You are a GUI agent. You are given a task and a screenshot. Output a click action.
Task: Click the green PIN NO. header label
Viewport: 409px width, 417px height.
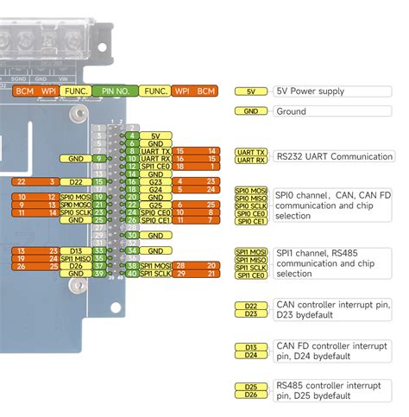[x=116, y=91]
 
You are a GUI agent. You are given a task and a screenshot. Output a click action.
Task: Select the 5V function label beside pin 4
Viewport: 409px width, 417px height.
[x=155, y=136]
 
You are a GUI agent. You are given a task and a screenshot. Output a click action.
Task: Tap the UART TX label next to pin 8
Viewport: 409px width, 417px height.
[x=155, y=151]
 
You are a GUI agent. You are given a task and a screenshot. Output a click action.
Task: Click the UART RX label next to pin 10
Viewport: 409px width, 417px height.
[x=155, y=159]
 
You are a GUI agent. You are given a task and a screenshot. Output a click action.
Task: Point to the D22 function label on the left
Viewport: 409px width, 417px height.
[x=77, y=182]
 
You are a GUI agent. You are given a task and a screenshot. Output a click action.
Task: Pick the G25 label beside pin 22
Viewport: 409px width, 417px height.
[x=155, y=205]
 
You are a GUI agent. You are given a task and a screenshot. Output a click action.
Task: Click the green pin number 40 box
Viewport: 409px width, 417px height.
[x=132, y=274]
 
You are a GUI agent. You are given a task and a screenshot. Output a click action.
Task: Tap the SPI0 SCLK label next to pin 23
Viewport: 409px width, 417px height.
[x=77, y=212]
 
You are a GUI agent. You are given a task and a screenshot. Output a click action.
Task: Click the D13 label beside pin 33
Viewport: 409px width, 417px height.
[x=77, y=250]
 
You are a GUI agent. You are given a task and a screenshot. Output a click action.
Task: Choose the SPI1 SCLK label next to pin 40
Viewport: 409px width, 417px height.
[x=155, y=274]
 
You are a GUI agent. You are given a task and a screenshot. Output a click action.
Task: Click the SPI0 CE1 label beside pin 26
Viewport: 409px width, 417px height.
[x=155, y=220]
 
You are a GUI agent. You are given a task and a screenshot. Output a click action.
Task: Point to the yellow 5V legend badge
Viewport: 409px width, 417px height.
[x=251, y=91]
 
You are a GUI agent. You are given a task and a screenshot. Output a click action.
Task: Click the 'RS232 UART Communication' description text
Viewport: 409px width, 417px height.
[x=334, y=156]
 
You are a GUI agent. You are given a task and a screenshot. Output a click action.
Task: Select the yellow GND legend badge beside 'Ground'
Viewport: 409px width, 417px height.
[x=251, y=111]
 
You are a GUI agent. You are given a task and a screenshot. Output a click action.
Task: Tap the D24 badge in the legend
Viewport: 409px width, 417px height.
[x=251, y=355]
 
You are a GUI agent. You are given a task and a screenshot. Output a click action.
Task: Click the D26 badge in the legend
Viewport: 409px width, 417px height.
[x=251, y=395]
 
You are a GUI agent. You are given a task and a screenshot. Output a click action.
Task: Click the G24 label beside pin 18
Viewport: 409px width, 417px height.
[x=155, y=189]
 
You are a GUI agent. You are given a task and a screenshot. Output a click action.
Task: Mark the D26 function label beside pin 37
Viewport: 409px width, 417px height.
[x=77, y=266]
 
